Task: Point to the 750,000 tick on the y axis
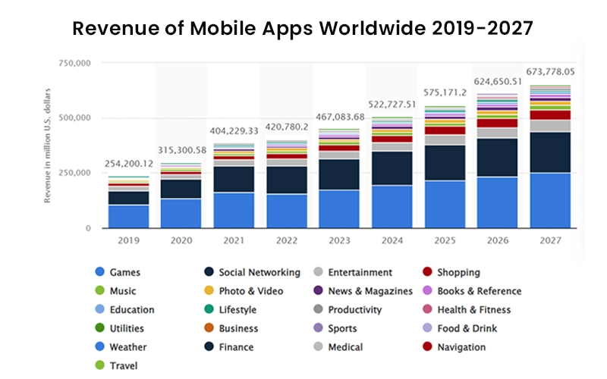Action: (x=74, y=64)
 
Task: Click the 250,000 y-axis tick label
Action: (x=74, y=173)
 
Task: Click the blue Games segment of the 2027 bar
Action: (x=550, y=200)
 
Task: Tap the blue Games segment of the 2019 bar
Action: (x=127, y=216)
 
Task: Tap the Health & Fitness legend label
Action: (x=473, y=309)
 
